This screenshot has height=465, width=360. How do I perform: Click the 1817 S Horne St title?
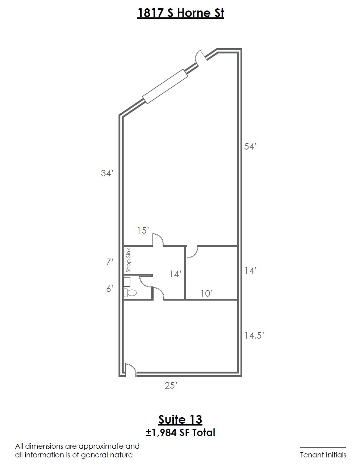tap(180, 13)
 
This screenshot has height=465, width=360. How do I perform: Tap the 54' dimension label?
tap(250, 147)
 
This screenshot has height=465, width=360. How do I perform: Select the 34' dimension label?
tap(107, 173)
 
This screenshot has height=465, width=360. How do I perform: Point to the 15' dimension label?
tap(143, 230)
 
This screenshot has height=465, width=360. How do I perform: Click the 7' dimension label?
tap(110, 262)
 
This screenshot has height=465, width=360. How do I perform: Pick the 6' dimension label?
tap(109, 289)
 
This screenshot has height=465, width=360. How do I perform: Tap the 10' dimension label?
tap(207, 293)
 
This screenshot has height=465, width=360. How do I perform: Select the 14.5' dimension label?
tap(254, 336)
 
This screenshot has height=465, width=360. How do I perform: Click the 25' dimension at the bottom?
tap(171, 385)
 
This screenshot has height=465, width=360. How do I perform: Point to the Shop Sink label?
tap(128, 260)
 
